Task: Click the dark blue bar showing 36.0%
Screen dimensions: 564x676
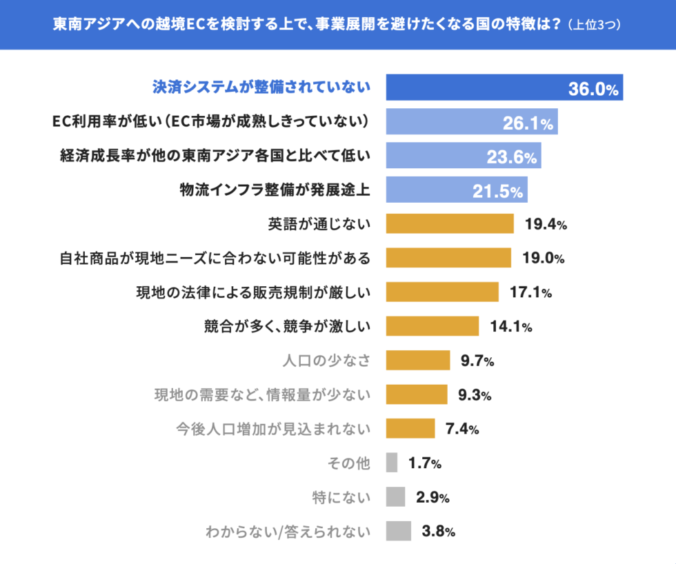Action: pyautogui.click(x=504, y=88)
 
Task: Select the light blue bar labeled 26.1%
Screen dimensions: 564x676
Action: pyautogui.click(x=471, y=121)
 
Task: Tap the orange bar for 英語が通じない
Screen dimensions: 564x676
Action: pyautogui.click(x=450, y=224)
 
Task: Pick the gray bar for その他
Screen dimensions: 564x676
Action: pyautogui.click(x=392, y=463)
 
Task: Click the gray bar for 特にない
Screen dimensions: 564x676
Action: pyautogui.click(x=395, y=496)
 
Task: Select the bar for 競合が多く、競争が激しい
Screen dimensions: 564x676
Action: pyautogui.click(x=432, y=326)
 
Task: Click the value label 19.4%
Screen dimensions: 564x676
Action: pyautogui.click(x=546, y=224)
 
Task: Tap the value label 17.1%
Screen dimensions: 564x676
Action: pyautogui.click(x=530, y=292)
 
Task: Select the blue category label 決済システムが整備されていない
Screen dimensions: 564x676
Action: pyautogui.click(x=261, y=88)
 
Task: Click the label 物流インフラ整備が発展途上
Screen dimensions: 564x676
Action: pyautogui.click(x=275, y=190)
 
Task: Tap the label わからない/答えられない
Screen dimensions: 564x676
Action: pyautogui.click(x=288, y=532)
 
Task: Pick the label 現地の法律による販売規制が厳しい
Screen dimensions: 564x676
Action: pyautogui.click(x=253, y=292)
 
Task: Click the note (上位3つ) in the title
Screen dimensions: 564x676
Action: pyautogui.click(x=595, y=25)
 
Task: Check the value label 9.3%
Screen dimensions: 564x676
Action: pyautogui.click(x=475, y=395)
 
